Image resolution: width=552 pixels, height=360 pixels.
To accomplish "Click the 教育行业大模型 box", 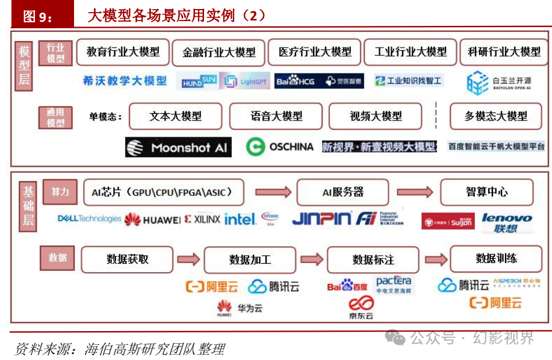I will (x=123, y=52).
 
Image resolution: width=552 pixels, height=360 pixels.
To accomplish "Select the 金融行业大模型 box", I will (x=219, y=53).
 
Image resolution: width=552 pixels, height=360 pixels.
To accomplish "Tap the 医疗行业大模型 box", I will (x=315, y=52).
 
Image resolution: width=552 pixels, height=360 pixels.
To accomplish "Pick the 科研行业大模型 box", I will (x=504, y=52).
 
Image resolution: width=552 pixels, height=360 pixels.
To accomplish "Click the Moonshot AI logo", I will (x=178, y=147).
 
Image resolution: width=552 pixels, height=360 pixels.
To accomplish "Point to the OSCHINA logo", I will (x=280, y=146).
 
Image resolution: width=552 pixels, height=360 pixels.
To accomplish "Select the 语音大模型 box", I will (x=276, y=116).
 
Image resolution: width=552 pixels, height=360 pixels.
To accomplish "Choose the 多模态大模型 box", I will (x=495, y=116).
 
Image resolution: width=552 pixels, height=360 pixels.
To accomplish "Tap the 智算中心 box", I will (x=486, y=193).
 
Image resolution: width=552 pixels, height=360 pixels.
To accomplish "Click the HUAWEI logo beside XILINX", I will (x=152, y=220).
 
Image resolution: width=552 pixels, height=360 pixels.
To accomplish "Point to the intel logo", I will (x=240, y=219).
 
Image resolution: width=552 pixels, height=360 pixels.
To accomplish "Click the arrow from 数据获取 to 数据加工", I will (x=188, y=259).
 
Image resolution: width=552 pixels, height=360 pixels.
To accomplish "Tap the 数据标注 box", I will (x=373, y=260).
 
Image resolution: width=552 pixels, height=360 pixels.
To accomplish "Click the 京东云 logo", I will (x=361, y=307).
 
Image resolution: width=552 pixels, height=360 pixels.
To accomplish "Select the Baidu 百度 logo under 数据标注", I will (x=347, y=285).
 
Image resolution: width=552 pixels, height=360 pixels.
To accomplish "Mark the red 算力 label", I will (x=60, y=192).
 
